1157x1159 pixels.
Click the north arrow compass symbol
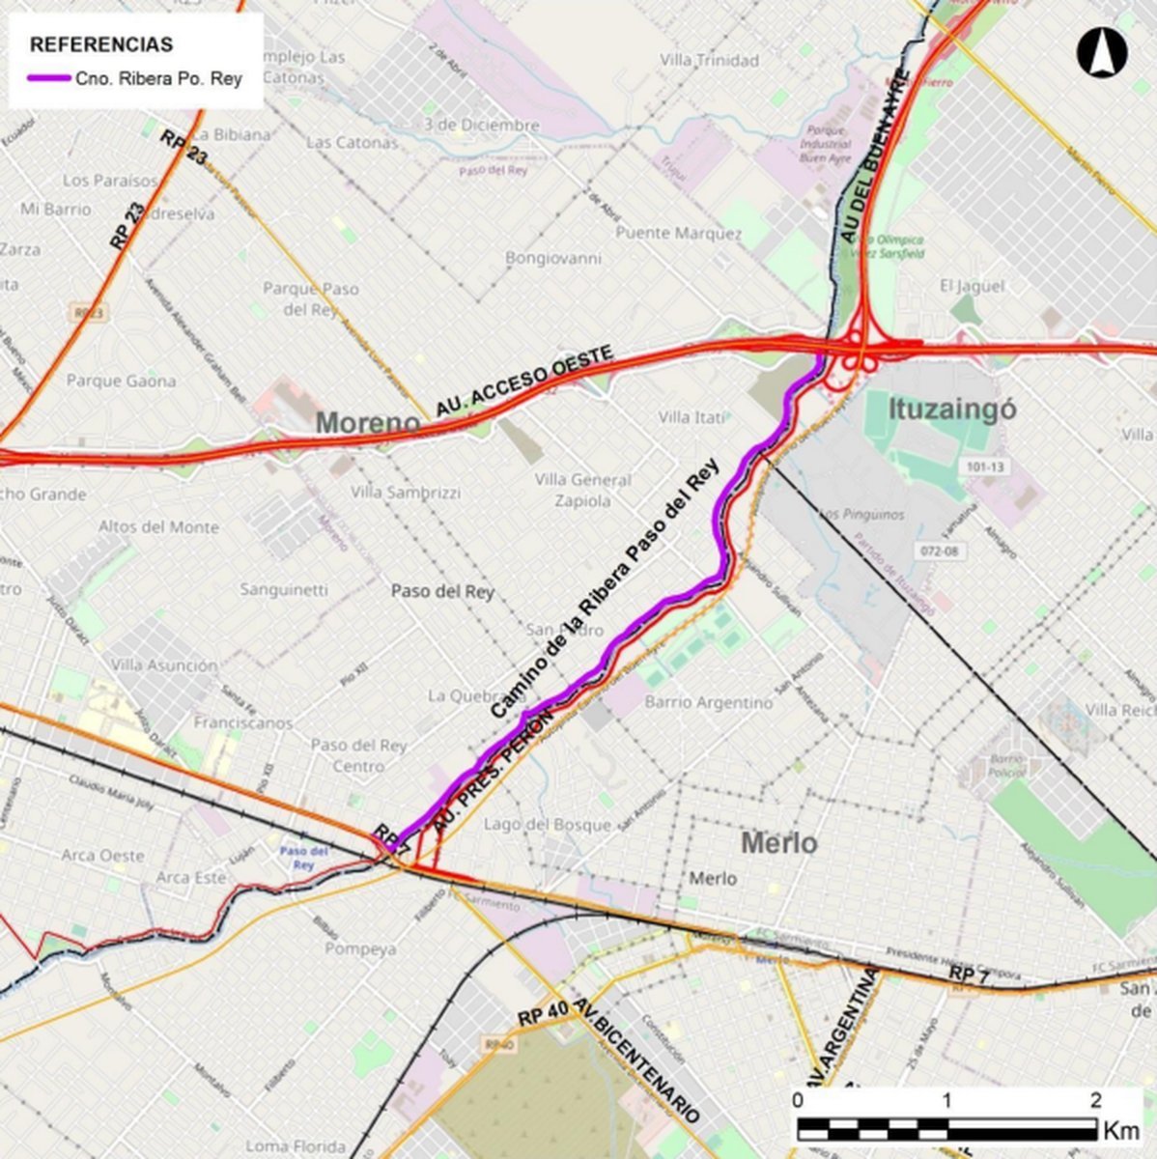point(1101,52)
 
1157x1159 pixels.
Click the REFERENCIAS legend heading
point(101,44)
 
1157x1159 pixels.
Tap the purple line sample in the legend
point(49,79)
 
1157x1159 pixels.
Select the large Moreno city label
point(368,423)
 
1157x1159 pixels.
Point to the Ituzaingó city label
point(940,410)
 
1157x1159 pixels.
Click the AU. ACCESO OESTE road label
point(523,382)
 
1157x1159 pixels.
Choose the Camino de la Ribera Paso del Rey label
point(607,588)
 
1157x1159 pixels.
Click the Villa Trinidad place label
point(710,60)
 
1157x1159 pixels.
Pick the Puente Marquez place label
point(679,234)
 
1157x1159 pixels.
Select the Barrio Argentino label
point(709,702)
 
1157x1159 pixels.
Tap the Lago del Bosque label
point(548,824)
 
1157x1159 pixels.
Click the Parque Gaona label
point(121,381)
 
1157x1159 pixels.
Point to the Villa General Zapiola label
point(583,491)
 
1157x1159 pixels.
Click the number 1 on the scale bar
point(946,1100)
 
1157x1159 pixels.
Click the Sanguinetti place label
point(284,589)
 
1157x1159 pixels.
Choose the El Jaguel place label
point(972,286)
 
